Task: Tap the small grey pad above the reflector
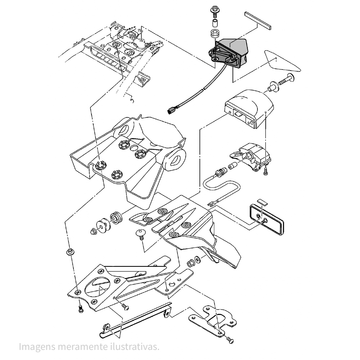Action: [262, 201]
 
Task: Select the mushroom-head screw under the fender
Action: [141, 234]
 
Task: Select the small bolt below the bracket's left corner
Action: [80, 309]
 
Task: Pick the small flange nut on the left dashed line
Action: [69, 252]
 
